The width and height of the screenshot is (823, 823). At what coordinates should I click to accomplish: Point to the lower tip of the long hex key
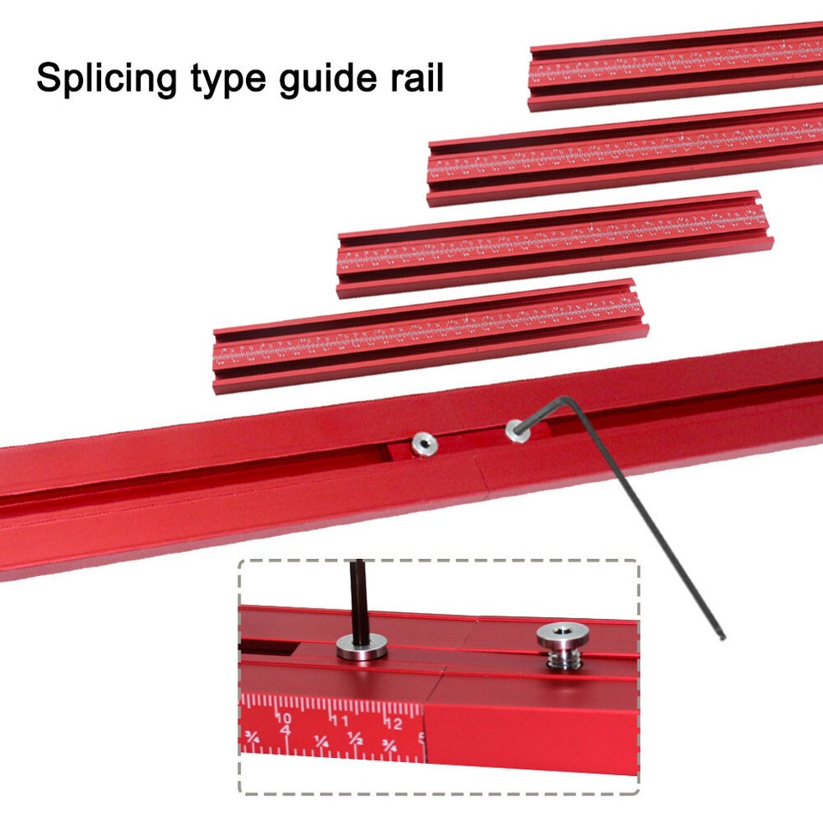coord(722,636)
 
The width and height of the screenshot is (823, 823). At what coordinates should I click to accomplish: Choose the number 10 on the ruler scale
coord(284,718)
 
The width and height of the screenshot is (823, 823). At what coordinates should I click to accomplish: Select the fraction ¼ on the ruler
coord(320,738)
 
